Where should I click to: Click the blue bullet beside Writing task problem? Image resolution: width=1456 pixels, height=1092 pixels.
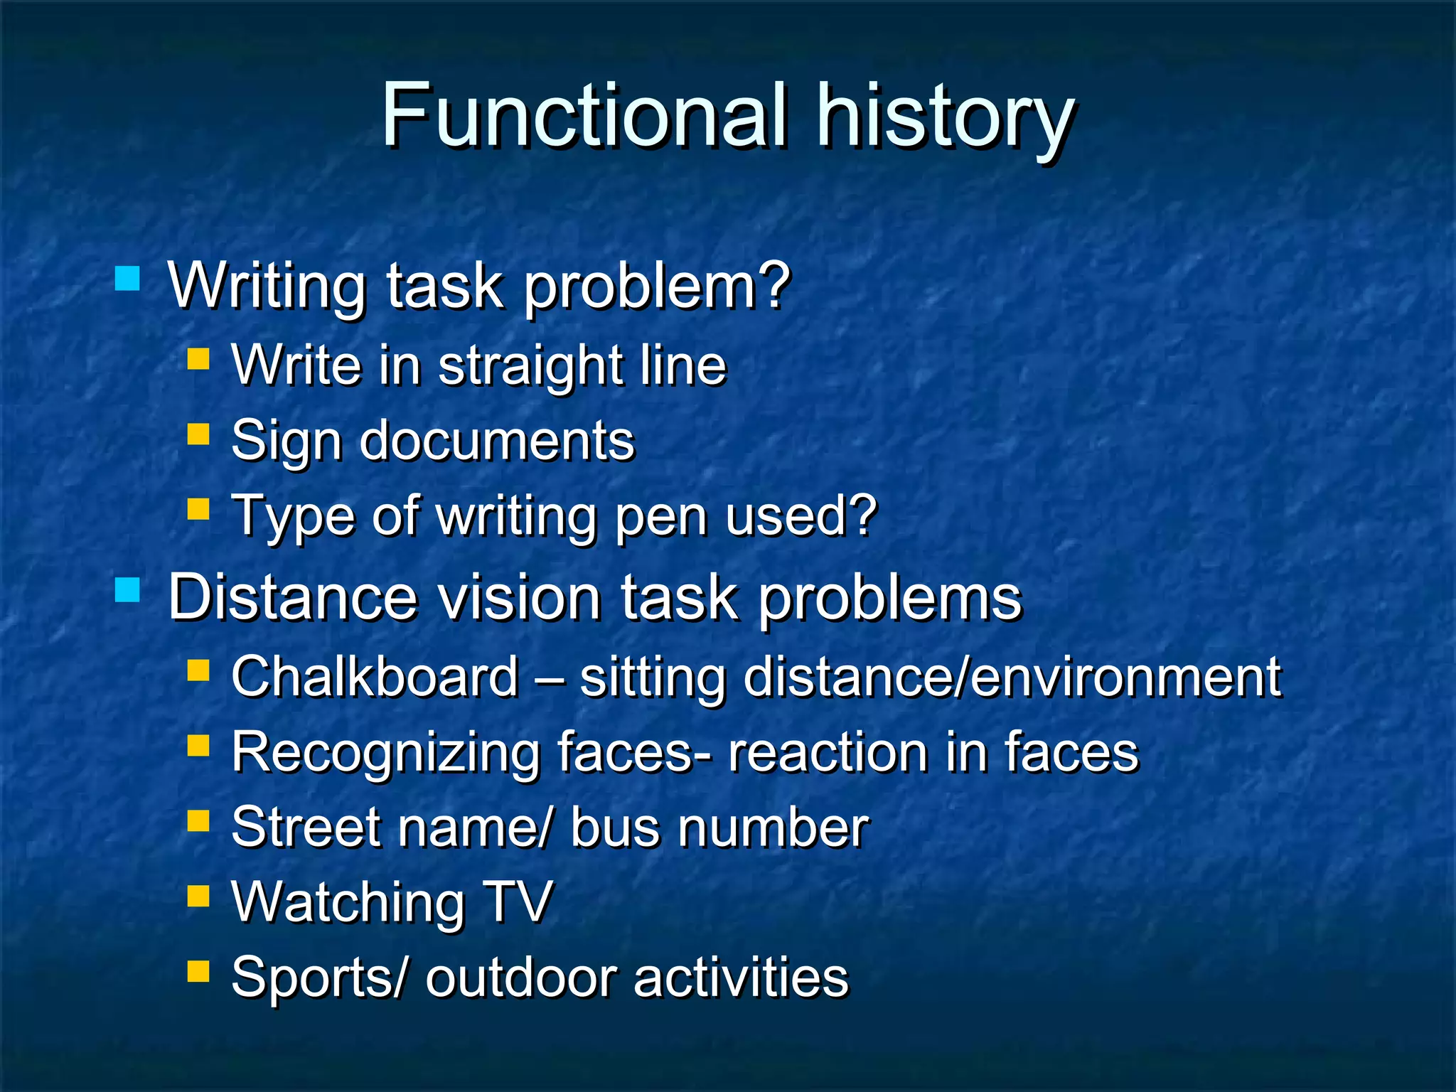(x=127, y=278)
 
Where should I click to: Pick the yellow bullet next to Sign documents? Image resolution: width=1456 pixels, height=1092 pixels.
(x=198, y=434)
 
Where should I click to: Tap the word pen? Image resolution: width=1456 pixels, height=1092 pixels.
(x=661, y=517)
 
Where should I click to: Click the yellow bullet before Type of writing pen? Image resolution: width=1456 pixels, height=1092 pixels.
(x=198, y=509)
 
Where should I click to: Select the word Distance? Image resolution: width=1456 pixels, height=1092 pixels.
(x=292, y=598)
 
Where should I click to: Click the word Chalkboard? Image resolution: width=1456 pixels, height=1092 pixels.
(x=375, y=677)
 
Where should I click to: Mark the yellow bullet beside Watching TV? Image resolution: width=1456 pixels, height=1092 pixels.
(x=198, y=896)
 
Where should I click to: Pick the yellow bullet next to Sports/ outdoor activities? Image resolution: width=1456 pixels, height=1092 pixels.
(x=198, y=971)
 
